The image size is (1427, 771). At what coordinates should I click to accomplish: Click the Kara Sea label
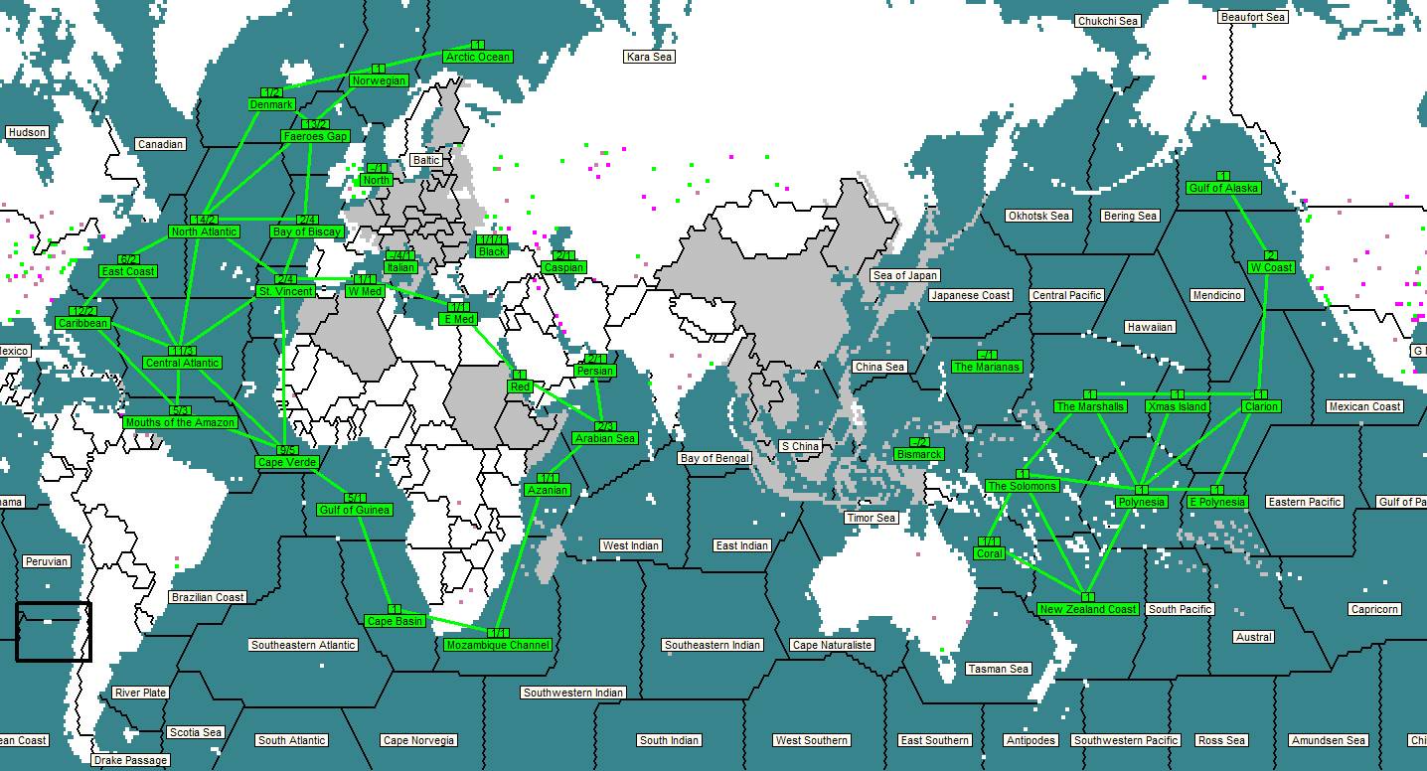(649, 57)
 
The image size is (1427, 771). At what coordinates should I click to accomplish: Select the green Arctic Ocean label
(478, 57)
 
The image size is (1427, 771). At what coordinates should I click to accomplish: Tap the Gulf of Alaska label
(1223, 188)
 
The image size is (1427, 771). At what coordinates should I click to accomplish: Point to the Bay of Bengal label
(713, 458)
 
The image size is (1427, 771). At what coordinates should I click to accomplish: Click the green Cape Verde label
(286, 462)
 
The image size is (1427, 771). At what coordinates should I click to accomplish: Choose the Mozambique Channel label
(497, 645)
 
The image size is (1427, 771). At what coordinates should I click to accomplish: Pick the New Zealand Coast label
(1088, 609)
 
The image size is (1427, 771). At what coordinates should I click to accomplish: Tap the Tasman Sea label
(998, 669)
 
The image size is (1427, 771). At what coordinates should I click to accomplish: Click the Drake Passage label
(130, 760)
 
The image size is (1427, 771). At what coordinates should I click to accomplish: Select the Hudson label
(27, 132)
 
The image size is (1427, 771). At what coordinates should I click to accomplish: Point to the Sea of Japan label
(905, 275)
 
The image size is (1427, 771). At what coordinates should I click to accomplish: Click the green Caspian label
(563, 267)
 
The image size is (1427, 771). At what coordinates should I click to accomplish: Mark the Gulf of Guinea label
(355, 510)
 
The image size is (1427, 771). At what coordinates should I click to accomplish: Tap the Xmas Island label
(1178, 406)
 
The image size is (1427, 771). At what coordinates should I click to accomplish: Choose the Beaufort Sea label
(1253, 17)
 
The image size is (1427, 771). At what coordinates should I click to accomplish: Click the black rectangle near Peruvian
(54, 632)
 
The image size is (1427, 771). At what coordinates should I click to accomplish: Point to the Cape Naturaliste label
(832, 645)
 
